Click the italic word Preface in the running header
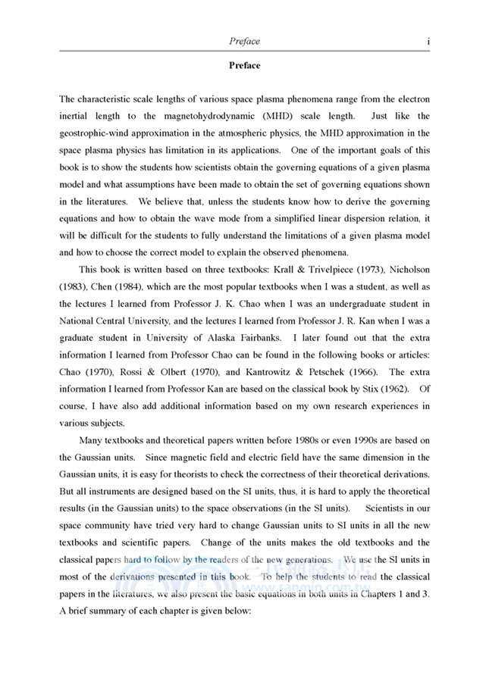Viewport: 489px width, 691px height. coord(244,41)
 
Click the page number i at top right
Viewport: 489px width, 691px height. coord(428,41)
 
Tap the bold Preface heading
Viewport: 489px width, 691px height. coord(244,65)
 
